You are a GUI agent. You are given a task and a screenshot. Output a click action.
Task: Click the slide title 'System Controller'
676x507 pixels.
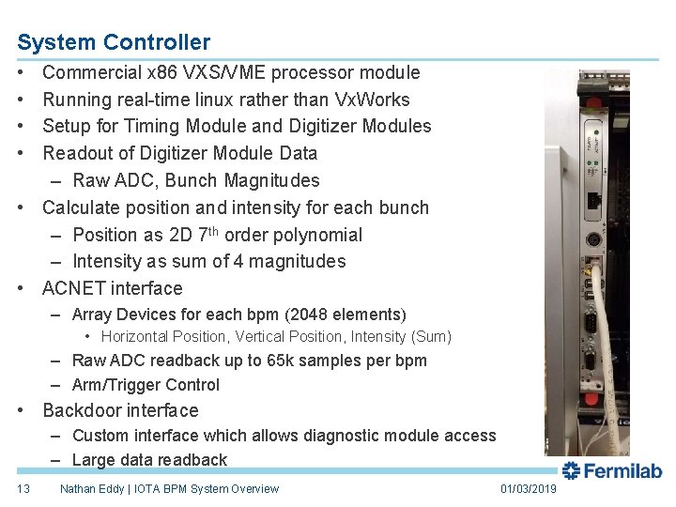tap(114, 42)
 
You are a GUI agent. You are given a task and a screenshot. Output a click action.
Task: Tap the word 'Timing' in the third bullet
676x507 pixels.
tap(172, 126)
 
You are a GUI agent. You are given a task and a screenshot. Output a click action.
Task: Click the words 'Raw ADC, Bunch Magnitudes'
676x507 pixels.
tap(195, 180)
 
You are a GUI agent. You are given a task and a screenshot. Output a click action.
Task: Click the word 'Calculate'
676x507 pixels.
tap(82, 207)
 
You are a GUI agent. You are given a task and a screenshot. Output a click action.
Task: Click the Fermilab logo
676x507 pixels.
tap(612, 470)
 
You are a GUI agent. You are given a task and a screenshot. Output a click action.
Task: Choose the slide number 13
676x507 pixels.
tap(24, 488)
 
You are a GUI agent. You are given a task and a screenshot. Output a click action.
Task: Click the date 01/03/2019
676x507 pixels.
tap(528, 488)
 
